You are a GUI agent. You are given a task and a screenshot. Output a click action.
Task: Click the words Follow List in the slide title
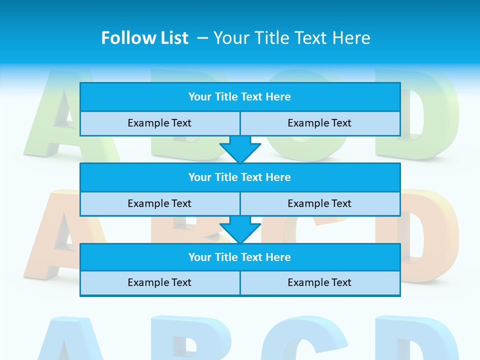click(144, 38)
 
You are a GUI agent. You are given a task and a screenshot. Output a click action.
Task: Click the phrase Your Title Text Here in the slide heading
click(292, 38)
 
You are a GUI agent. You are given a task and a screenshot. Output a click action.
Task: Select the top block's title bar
click(240, 97)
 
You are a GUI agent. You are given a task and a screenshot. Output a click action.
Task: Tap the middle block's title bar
click(240, 177)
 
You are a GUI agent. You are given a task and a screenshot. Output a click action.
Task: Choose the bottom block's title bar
click(240, 257)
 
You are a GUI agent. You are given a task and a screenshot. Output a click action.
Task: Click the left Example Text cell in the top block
click(159, 123)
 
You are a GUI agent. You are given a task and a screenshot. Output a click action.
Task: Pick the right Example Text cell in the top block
click(320, 123)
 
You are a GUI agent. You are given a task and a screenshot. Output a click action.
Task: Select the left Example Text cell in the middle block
click(159, 204)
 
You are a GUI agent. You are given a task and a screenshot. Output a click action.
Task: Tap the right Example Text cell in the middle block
click(320, 204)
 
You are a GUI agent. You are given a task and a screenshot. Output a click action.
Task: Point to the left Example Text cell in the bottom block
click(159, 283)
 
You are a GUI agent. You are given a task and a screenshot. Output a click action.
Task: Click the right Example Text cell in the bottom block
click(320, 283)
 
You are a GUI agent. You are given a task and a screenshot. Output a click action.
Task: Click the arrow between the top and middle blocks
click(240, 149)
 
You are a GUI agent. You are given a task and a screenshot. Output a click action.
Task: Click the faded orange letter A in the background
click(52, 235)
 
